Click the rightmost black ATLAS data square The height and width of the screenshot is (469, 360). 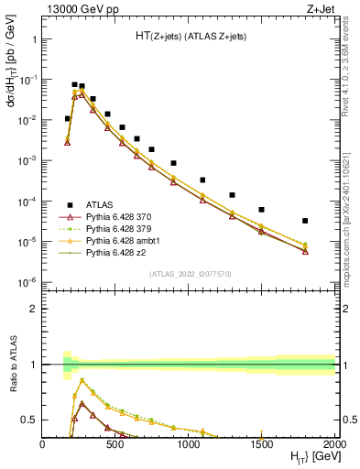click(x=305, y=221)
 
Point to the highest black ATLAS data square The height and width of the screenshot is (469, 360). click(x=74, y=84)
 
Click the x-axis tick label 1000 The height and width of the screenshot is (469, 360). click(x=189, y=444)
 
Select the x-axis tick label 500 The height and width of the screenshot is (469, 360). click(x=115, y=444)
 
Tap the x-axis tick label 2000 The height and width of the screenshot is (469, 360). click(x=333, y=444)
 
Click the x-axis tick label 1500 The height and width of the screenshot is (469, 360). click(x=262, y=444)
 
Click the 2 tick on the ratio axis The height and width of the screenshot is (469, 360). click(x=34, y=309)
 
